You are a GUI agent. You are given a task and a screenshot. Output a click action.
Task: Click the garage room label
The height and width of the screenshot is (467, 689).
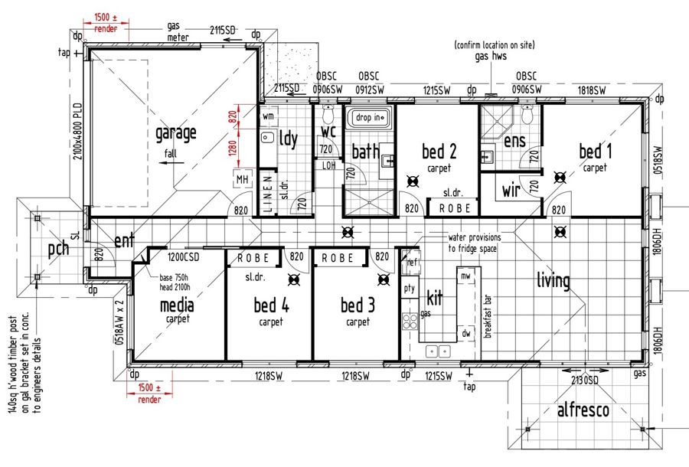point(176,133)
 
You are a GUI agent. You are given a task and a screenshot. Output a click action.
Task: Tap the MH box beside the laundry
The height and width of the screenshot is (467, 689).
point(242,179)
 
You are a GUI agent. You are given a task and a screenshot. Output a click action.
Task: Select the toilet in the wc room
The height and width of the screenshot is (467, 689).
point(328,114)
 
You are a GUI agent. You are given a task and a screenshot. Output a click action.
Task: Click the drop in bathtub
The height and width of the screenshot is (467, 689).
point(368,117)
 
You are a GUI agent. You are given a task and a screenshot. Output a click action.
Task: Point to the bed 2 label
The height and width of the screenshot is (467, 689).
point(439,151)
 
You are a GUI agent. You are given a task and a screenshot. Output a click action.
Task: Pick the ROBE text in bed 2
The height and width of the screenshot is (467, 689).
point(455,208)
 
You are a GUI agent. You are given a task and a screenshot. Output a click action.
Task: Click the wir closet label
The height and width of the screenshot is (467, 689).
point(511,190)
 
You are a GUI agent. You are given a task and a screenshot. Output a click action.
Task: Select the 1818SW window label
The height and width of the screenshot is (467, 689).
point(592,90)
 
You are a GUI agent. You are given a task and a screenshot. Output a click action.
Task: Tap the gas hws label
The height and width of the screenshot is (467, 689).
point(491,56)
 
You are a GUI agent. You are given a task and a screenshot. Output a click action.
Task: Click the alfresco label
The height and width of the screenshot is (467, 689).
point(583,410)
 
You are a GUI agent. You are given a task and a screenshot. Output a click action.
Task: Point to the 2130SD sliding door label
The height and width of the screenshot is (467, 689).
point(584,380)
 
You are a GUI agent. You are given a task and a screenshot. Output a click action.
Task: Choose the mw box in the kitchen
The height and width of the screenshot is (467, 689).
point(465,276)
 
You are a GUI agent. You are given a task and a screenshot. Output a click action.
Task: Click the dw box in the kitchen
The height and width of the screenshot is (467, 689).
point(466,334)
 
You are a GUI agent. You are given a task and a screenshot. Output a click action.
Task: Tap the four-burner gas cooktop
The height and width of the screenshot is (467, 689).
point(410,321)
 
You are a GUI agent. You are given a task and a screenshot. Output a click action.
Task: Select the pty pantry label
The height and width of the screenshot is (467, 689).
point(410,289)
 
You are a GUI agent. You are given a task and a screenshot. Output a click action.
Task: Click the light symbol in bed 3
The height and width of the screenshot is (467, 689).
point(384,279)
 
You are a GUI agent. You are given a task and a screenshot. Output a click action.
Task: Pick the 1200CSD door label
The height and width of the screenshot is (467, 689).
point(183,256)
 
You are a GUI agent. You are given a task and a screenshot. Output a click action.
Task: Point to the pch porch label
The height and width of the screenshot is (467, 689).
point(58,249)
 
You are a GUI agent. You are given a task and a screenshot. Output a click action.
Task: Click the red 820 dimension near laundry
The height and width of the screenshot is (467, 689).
point(233,116)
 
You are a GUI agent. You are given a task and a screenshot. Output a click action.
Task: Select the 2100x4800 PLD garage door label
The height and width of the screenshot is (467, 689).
point(77,131)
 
